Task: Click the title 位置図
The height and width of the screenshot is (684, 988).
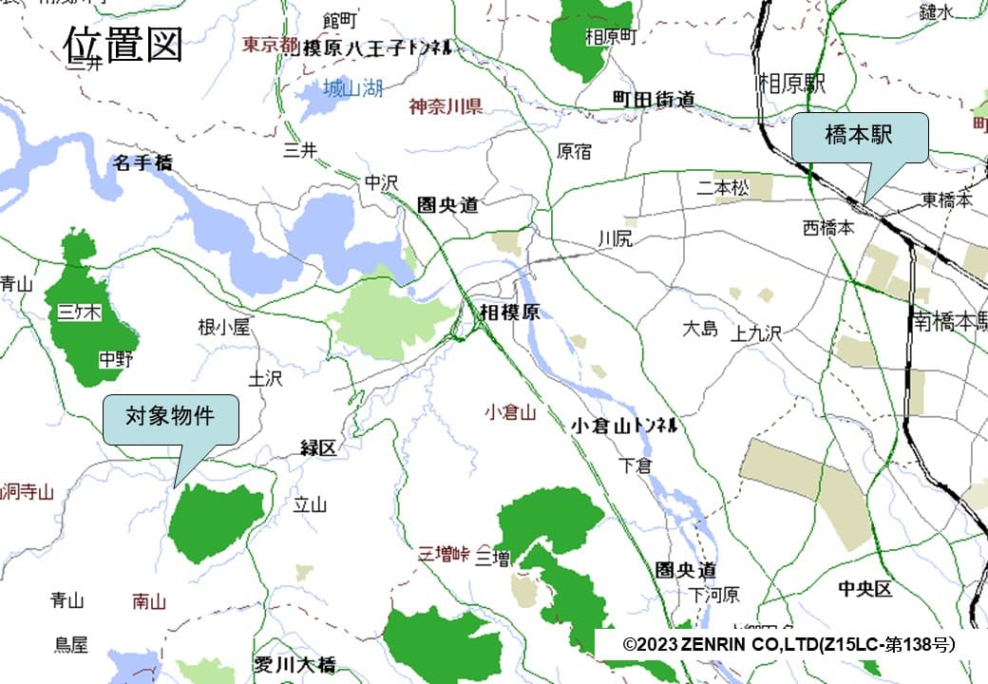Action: coord(123,44)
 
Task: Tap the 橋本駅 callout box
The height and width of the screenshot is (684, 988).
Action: coord(859,137)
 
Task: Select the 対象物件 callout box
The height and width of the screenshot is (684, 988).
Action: coord(170,417)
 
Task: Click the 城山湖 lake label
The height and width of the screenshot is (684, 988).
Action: coord(352,89)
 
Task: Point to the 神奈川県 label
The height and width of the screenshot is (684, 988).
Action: coord(446,105)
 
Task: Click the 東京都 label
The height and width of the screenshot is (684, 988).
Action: coord(270,45)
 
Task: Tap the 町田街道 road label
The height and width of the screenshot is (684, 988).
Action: coord(654,99)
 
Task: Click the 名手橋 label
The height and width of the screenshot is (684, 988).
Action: coord(142,163)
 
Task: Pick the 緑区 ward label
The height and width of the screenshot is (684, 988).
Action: coord(318,447)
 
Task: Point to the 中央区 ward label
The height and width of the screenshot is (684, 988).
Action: coord(864,589)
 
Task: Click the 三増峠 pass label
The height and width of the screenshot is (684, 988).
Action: coord(446,555)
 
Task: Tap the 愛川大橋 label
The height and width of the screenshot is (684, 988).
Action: coord(295,664)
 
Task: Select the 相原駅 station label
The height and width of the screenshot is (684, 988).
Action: coord(791,84)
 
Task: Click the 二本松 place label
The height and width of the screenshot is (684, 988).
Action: coord(722,188)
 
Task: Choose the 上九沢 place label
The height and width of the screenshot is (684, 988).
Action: coord(756,333)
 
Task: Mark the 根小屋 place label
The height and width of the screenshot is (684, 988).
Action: coord(223,328)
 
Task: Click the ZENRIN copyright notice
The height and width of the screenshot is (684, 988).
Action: coord(788,644)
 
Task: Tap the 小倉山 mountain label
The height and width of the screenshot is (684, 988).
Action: coord(510,412)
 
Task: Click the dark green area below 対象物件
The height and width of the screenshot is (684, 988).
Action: coord(214,521)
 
